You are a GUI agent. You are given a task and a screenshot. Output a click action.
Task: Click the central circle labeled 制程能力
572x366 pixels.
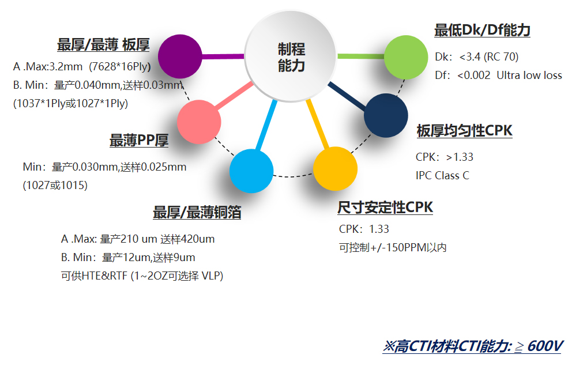291,56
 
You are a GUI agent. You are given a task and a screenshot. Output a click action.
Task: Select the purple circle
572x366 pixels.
180,56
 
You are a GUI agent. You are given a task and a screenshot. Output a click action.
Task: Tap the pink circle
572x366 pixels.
199,122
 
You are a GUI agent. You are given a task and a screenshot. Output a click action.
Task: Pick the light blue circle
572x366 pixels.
251,171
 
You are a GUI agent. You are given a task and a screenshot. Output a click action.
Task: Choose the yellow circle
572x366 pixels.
335,169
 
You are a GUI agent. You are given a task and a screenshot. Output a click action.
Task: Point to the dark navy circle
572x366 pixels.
386,115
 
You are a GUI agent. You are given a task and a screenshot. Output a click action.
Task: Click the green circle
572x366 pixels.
406,57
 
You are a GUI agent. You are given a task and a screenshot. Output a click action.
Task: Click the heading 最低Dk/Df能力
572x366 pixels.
482,30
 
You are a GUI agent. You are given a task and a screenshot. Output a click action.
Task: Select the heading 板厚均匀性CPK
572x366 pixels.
464,130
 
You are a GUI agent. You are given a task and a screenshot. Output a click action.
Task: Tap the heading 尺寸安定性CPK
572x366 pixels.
385,207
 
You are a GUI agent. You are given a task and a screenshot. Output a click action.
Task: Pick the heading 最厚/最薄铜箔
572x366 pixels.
197,212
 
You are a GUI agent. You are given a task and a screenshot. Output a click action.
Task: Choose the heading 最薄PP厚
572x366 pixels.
139,141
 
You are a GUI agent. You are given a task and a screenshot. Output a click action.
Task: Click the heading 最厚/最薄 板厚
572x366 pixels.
103,45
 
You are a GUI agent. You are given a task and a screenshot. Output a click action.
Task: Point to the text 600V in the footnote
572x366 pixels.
545,346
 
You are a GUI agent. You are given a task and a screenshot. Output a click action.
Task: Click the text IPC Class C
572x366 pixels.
442,176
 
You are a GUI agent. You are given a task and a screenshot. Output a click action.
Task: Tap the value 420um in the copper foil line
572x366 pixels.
198,239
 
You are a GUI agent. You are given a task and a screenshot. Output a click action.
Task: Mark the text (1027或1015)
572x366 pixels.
55,185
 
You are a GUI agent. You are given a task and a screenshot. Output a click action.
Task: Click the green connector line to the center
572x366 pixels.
361,56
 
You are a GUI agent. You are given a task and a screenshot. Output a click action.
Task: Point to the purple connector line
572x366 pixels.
223,56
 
